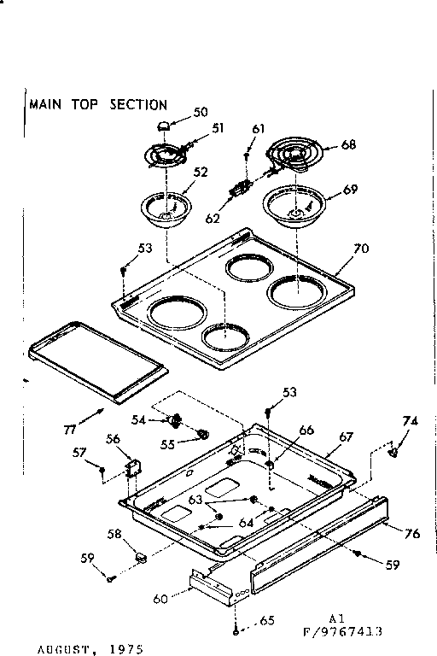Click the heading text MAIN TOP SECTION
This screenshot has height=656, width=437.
[98, 105]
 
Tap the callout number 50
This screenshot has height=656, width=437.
[201, 112]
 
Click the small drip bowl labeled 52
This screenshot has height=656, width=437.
[168, 208]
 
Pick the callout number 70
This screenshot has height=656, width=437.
[363, 250]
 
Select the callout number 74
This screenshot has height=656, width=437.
[411, 421]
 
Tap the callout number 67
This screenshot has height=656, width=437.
[345, 436]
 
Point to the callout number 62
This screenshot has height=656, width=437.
[213, 219]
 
